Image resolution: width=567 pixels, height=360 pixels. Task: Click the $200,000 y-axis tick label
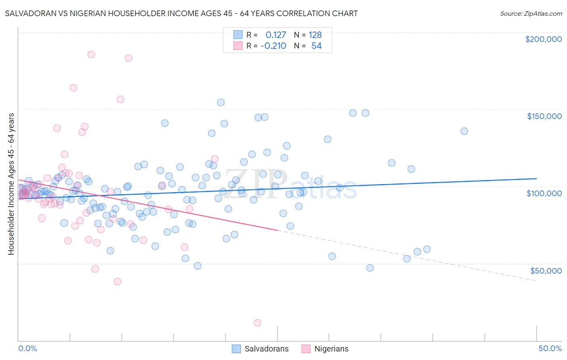[543, 39]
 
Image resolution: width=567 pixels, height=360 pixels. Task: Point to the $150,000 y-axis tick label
[544, 116]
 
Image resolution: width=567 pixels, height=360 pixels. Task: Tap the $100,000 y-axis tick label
[544, 193]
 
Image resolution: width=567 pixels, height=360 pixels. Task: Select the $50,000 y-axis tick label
[546, 270]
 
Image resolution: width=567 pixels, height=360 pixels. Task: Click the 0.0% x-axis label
[27, 348]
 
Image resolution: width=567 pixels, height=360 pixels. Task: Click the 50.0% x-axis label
[550, 348]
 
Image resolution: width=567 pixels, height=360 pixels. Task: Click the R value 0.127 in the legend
[276, 35]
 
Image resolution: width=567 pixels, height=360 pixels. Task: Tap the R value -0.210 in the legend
[273, 46]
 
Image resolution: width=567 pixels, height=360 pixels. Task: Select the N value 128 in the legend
[315, 35]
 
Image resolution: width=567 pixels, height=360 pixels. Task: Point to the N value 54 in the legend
[316, 46]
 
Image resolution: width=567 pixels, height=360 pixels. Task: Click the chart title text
[181, 13]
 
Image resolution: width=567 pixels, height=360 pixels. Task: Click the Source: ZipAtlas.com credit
[531, 13]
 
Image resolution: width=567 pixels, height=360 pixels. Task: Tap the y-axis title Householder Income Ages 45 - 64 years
[11, 184]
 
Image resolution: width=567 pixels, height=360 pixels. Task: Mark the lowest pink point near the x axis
[257, 323]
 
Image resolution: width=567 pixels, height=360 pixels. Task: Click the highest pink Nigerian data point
[91, 54]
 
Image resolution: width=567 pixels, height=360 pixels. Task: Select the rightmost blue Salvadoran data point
[464, 131]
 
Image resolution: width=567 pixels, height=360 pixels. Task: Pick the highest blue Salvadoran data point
[221, 103]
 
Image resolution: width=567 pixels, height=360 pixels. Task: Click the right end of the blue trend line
[536, 178]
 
